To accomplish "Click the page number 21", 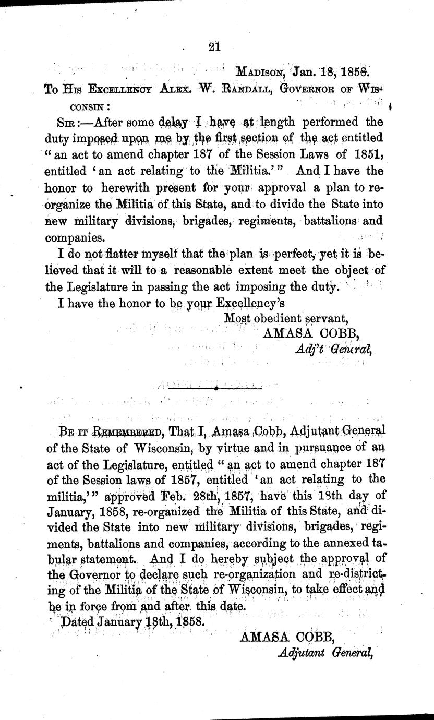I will [x=214, y=46].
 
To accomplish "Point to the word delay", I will [x=174, y=123].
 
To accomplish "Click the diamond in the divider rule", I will [x=216, y=388].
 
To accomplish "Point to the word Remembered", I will [x=125, y=430].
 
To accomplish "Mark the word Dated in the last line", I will [x=77, y=622].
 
